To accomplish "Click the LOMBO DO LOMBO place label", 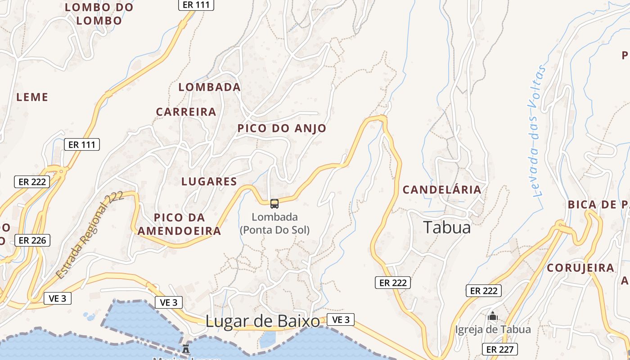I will click(99, 14).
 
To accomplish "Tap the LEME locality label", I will click(32, 97).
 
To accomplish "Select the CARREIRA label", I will click(186, 112).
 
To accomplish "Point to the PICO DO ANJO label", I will click(282, 128).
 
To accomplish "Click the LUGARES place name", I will click(209, 181).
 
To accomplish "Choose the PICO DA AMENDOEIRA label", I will click(180, 224).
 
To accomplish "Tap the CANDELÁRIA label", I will click(442, 189).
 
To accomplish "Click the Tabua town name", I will click(447, 227).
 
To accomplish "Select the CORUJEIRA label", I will click(580, 268).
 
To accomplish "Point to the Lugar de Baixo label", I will click(263, 321).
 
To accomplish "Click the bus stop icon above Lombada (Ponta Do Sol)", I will click(274, 204).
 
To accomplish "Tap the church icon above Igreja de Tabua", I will click(493, 316).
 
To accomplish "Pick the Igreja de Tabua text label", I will click(493, 329).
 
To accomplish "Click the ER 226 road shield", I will click(32, 240).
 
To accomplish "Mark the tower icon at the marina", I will click(185, 348).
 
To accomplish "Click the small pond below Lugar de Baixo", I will click(268, 339).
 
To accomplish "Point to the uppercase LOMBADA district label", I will click(209, 87).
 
